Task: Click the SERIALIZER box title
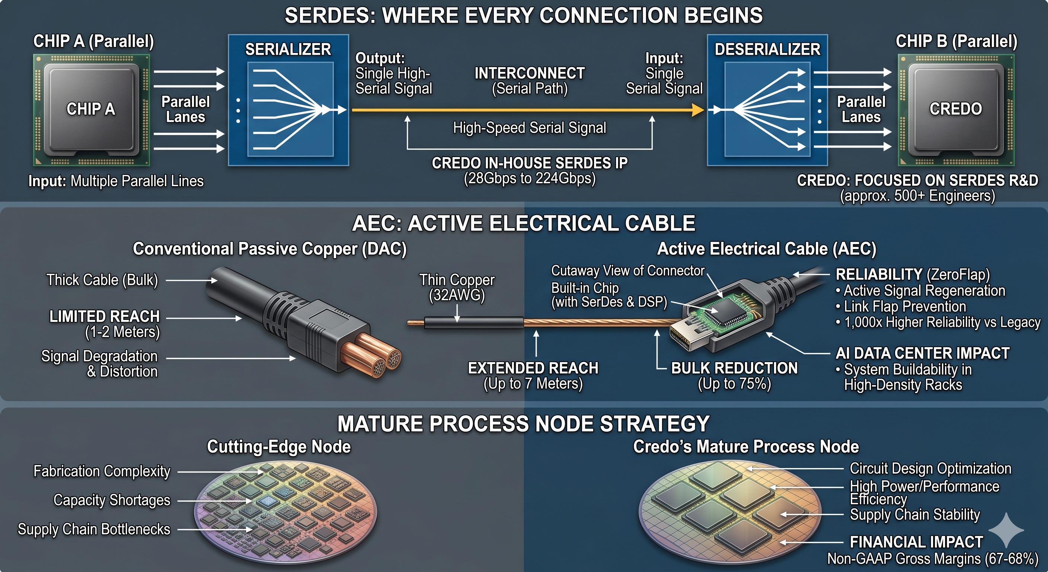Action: [288, 49]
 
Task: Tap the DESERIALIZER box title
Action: [767, 49]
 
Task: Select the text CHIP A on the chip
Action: [91, 109]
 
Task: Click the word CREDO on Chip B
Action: [956, 109]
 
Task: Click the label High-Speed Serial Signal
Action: [529, 128]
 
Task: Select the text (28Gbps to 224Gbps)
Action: [530, 178]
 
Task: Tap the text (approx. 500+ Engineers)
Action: [917, 196]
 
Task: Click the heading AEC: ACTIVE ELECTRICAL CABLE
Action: [524, 223]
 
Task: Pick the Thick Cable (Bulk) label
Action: [102, 280]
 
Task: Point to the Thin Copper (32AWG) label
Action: [457, 287]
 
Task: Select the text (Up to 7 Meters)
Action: [533, 384]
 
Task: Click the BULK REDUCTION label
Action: [734, 368]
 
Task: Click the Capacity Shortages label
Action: [112, 500]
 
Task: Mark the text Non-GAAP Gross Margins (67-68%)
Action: [933, 559]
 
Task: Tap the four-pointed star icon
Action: [1006, 530]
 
